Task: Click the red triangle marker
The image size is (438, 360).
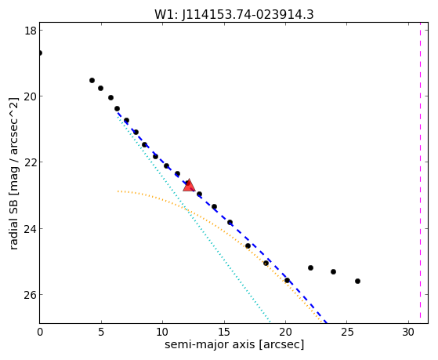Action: tap(189, 185)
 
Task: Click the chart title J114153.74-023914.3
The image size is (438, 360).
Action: tap(248, 15)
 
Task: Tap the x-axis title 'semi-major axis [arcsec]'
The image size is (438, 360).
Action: tap(234, 344)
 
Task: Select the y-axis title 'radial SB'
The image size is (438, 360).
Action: tap(13, 221)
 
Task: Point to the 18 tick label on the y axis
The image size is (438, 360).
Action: tap(31, 31)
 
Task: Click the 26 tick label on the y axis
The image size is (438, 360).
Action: tap(31, 295)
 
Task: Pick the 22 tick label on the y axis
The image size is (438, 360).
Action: tap(31, 162)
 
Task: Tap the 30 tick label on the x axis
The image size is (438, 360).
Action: tap(408, 333)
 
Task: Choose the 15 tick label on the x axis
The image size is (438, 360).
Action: tap(224, 333)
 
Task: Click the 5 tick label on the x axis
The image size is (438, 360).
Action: tap(101, 333)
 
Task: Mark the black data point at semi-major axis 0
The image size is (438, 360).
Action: tap(40, 53)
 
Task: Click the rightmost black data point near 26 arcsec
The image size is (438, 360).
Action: tap(357, 281)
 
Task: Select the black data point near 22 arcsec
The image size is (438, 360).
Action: tap(310, 268)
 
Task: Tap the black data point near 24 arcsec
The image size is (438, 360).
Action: tap(333, 271)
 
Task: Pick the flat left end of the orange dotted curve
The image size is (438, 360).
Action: tap(118, 191)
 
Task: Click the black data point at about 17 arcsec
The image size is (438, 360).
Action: tap(248, 245)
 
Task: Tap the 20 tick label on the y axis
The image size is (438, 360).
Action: tap(31, 96)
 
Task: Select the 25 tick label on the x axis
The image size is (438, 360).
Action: tap(347, 333)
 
